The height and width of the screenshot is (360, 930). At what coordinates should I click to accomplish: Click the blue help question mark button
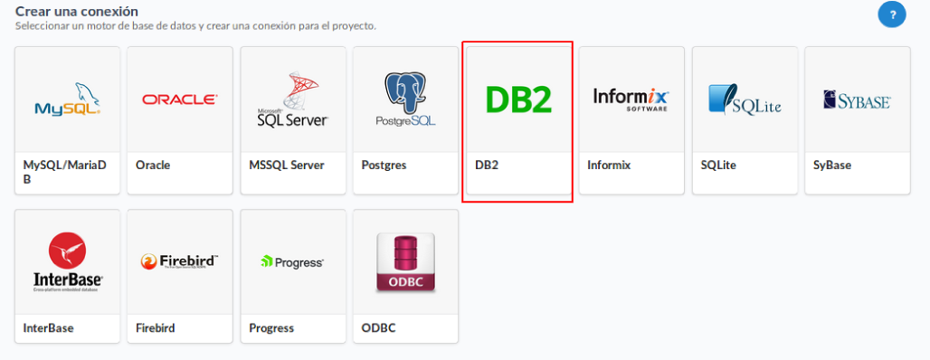[891, 14]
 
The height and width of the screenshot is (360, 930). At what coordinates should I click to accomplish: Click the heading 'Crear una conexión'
[77, 12]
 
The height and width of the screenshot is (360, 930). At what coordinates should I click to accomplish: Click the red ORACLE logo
[179, 99]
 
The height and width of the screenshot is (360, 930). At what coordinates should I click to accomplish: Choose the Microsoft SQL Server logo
[292, 100]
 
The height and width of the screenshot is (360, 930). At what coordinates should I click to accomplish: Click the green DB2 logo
[517, 99]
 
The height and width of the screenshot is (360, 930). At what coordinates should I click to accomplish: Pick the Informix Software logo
[631, 99]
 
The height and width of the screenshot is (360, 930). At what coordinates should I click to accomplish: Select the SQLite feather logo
[744, 99]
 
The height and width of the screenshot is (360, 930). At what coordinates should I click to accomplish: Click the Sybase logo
[857, 99]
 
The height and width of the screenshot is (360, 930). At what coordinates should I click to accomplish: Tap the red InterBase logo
[68, 261]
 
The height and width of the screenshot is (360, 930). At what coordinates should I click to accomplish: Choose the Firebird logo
[179, 262]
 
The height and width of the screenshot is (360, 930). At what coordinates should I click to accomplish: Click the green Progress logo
[292, 262]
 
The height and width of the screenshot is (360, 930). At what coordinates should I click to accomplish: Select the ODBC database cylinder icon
[405, 262]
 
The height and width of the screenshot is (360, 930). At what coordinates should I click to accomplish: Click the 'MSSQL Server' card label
[286, 166]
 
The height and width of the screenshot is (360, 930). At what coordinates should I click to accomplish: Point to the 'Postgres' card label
[384, 166]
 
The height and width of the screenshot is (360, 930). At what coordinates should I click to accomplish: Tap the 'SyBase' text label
[832, 166]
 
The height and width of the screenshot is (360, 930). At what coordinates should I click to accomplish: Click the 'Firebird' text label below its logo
[155, 328]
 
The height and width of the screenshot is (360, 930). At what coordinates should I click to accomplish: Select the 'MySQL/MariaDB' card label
[64, 172]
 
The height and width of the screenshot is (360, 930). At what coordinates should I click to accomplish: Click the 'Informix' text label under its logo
[609, 166]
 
